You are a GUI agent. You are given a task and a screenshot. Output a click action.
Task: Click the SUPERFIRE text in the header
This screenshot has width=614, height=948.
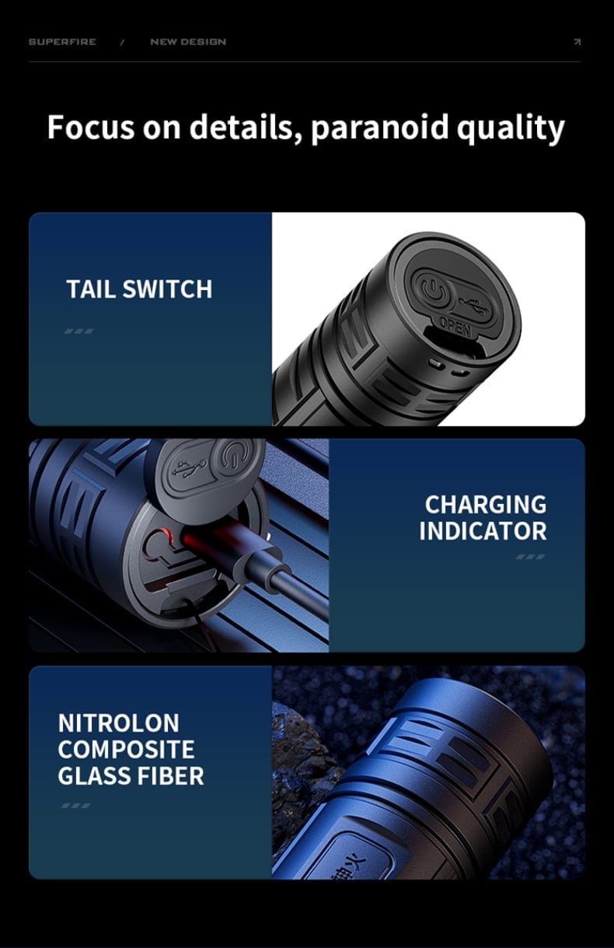coord(62,42)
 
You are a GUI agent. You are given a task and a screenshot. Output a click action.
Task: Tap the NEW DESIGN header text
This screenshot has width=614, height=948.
coord(188,42)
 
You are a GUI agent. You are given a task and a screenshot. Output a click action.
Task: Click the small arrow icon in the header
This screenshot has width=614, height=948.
coord(577,41)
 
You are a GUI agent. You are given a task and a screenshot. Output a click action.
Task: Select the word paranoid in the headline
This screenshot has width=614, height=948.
coord(379,128)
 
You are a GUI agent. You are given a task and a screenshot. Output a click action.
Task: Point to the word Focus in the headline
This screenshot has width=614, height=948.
coord(90,127)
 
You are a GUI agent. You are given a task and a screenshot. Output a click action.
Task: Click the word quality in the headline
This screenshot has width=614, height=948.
coord(511,128)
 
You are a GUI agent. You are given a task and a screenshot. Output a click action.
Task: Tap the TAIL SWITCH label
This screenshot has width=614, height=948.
coord(139,289)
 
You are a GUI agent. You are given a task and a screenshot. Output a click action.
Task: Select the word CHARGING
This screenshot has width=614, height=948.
coord(486,505)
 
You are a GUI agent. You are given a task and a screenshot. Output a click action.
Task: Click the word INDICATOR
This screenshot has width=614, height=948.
coord(483,531)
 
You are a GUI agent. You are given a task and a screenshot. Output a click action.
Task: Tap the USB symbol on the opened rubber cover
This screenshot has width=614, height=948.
coord(190,468)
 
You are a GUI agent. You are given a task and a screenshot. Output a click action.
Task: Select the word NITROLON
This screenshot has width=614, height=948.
coord(119,722)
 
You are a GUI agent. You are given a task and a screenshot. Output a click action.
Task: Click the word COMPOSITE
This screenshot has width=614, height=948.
coord(127,750)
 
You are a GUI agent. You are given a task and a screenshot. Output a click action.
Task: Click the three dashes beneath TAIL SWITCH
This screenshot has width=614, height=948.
coord(78,331)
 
